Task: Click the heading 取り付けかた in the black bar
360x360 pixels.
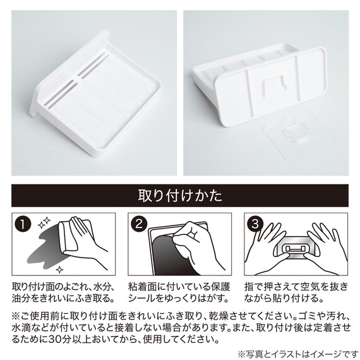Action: tap(180, 196)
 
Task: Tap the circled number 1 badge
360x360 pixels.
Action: tap(23, 224)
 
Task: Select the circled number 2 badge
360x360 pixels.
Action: tap(139, 224)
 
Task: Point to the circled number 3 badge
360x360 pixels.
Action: tap(255, 224)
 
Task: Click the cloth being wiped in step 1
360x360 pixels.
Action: tap(71, 236)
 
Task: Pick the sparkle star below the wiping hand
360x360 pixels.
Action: tap(60, 270)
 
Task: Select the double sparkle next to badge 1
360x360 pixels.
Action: tap(44, 223)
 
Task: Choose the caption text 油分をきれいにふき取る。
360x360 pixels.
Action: tap(63, 299)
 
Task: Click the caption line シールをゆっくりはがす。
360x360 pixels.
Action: tap(179, 299)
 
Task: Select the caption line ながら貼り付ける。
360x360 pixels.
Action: tap(284, 299)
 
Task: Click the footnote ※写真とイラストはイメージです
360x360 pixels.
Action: tap(297, 354)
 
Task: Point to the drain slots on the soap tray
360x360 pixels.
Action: tap(76, 79)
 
